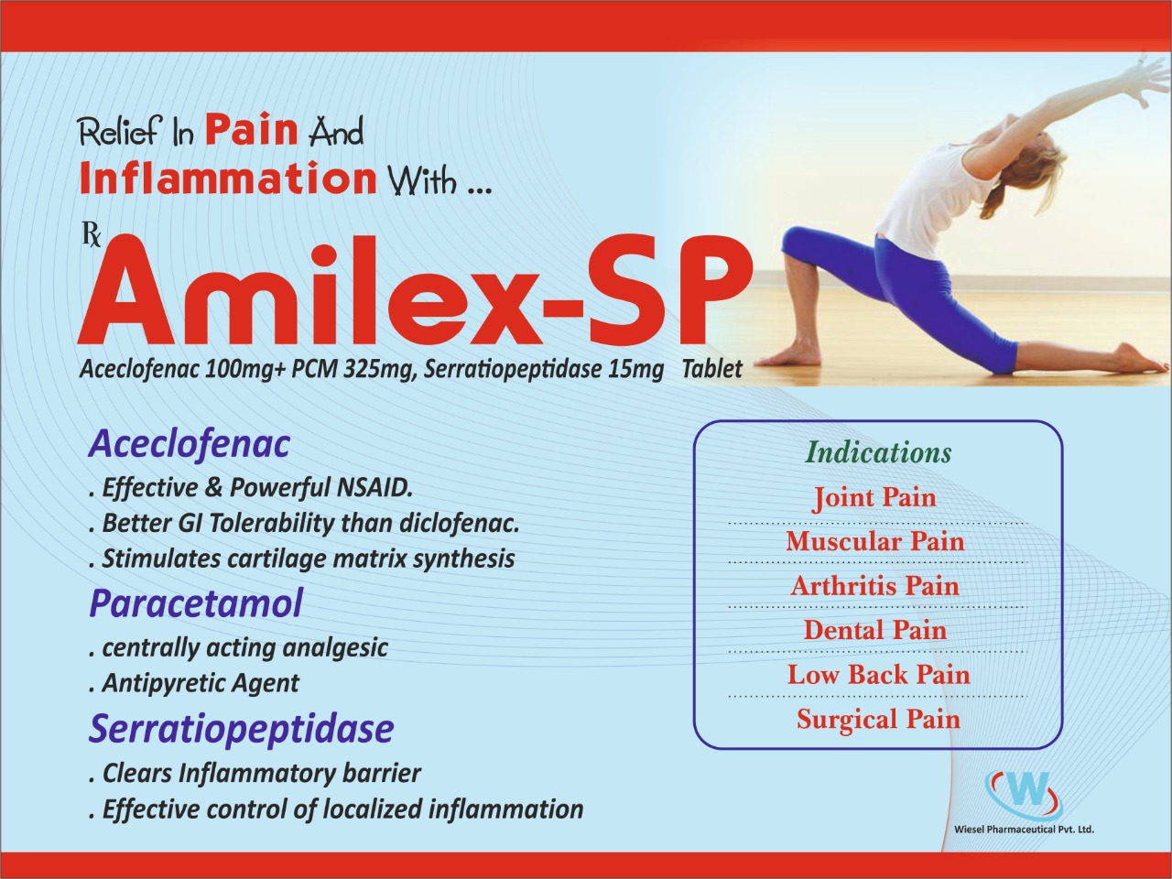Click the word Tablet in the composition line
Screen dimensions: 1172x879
point(712,369)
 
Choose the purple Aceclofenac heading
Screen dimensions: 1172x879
point(189,445)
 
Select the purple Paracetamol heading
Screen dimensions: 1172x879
point(195,602)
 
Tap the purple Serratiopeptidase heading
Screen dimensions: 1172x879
point(241,729)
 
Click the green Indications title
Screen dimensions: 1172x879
point(879,453)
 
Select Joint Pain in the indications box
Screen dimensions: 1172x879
point(874,498)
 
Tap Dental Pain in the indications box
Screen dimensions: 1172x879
point(875,630)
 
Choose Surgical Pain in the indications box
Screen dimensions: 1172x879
point(878,719)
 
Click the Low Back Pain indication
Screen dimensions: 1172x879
point(878,675)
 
